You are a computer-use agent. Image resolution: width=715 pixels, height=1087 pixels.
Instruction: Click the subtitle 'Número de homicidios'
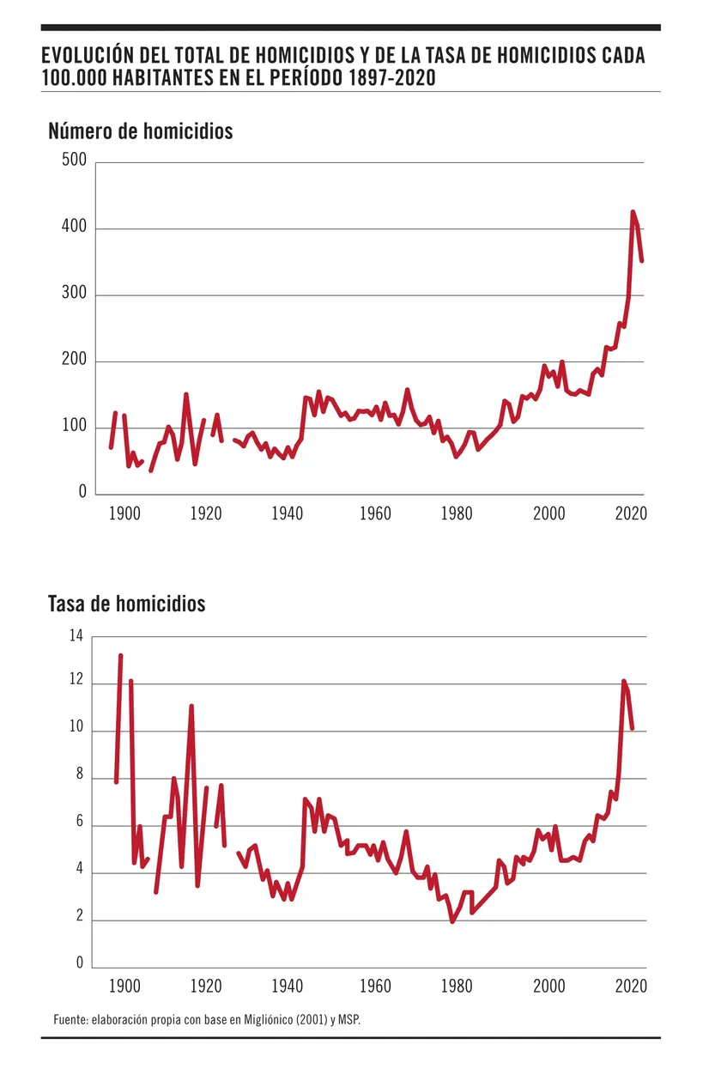[141, 131]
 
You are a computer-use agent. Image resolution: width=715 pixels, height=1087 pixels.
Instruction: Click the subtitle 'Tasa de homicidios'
[127, 604]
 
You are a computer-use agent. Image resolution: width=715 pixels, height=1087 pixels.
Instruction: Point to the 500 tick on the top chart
[74, 161]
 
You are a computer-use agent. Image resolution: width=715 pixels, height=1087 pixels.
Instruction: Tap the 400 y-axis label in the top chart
[74, 228]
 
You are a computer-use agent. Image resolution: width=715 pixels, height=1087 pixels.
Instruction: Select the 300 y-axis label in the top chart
[74, 295]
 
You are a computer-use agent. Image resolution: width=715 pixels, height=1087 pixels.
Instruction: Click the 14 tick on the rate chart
[76, 636]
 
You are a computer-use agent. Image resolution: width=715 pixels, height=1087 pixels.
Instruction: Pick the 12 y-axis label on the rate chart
[76, 683]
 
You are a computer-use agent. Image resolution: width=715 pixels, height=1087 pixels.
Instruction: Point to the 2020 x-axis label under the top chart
[631, 513]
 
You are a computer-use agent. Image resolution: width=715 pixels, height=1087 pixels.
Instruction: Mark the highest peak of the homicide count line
[633, 212]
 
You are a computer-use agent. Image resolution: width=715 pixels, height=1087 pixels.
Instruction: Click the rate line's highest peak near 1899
[120, 656]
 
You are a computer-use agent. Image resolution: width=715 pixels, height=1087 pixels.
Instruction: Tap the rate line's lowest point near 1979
[452, 920]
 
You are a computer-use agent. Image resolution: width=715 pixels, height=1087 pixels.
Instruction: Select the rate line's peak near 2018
[624, 682]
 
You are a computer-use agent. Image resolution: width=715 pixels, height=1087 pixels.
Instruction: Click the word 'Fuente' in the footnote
[70, 1019]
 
